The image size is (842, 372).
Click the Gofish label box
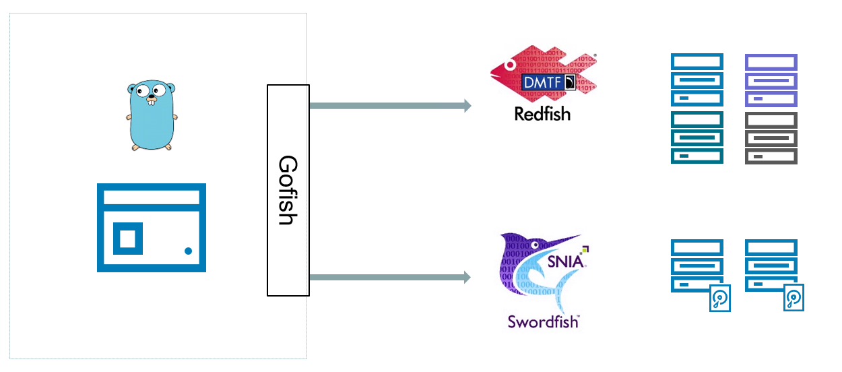pyautogui.click(x=288, y=190)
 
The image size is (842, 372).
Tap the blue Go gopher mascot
pyautogui.click(x=152, y=116)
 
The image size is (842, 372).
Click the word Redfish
pyautogui.click(x=542, y=114)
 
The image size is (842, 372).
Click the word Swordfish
pyautogui.click(x=544, y=321)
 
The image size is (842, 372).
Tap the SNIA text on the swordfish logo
pyautogui.click(x=564, y=261)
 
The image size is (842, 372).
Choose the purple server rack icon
pyautogui.click(x=771, y=80)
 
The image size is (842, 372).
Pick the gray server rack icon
pyautogui.click(x=771, y=138)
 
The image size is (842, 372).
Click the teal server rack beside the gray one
pyautogui.click(x=697, y=138)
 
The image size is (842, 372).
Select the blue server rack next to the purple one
pyautogui.click(x=697, y=80)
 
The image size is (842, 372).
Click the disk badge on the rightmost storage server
pyautogui.click(x=794, y=298)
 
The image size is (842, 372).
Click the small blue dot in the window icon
pyautogui.click(x=188, y=251)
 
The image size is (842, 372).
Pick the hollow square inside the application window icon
pyautogui.click(x=127, y=238)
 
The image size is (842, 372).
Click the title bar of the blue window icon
pyautogui.click(x=152, y=197)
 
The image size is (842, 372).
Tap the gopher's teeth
pyautogui.click(x=152, y=102)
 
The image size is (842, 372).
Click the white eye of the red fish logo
pyautogui.click(x=511, y=65)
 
